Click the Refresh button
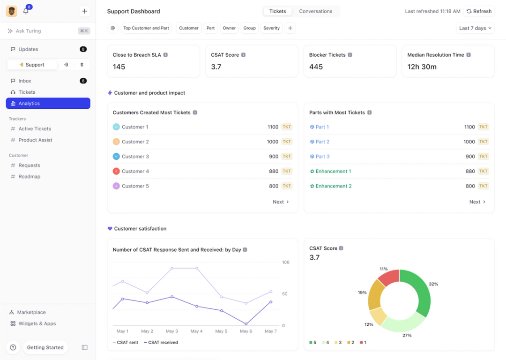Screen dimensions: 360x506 [479, 11]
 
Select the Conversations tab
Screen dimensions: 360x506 [315, 11]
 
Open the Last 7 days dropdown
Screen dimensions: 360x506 [475, 28]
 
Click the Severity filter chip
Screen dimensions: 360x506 [271, 28]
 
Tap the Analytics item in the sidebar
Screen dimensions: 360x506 [48, 104]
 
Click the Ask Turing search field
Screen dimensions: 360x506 [42, 31]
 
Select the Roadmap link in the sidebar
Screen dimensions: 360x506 [29, 177]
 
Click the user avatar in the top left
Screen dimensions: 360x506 [12, 11]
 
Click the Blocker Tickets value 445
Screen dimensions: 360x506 [316, 67]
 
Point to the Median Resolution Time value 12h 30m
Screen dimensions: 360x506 [422, 67]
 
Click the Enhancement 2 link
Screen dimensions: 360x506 [333, 186]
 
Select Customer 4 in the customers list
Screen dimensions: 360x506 [135, 171]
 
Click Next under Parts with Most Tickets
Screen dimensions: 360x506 [477, 202]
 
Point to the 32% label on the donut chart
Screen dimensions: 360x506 [433, 284]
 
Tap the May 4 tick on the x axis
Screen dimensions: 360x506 [197, 331]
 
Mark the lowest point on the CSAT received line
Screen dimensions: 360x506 [246, 323]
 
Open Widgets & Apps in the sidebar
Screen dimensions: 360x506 [37, 323]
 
